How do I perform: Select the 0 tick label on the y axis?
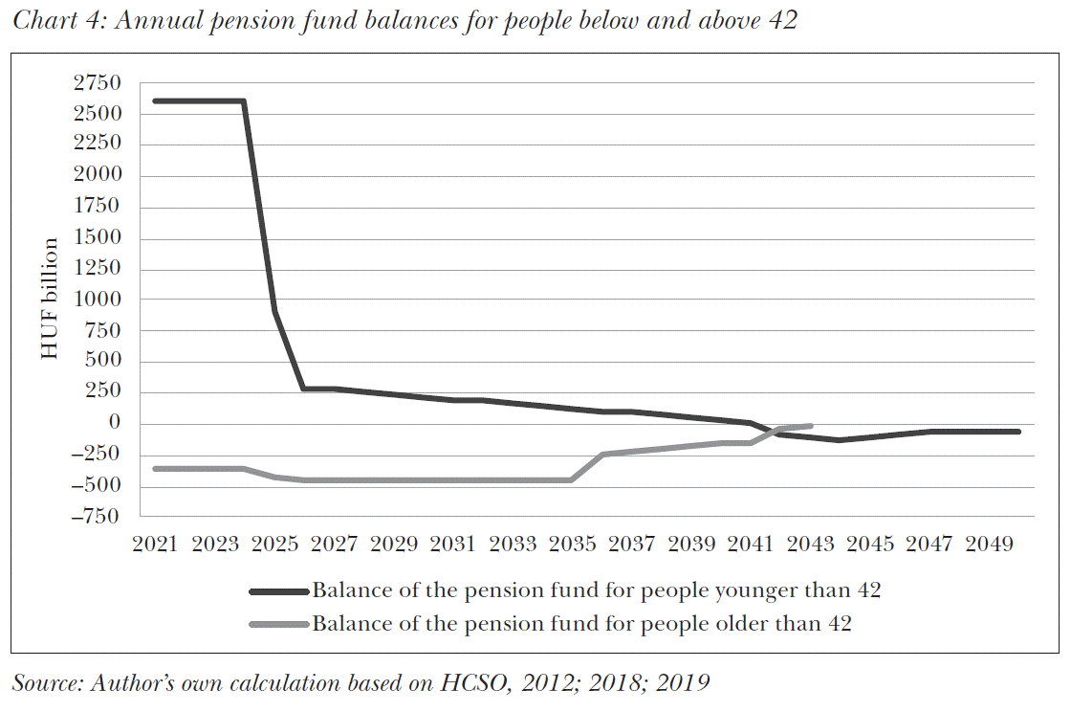pos(115,424)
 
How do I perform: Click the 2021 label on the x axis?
pos(155,545)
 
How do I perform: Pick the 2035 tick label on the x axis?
pos(572,545)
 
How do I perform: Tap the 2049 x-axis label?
pos(989,545)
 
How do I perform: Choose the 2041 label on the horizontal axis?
pos(751,545)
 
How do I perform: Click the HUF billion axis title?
pos(50,300)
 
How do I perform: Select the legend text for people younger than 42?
pos(596,590)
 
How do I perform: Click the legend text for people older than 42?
pos(581,624)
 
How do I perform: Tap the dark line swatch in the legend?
pos(279,591)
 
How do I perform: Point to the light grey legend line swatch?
pos(279,625)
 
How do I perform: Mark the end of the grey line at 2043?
pos(810,426)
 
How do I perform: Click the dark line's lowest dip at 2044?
pos(840,440)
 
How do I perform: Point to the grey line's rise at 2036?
pos(602,455)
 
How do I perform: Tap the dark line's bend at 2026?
pos(304,389)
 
